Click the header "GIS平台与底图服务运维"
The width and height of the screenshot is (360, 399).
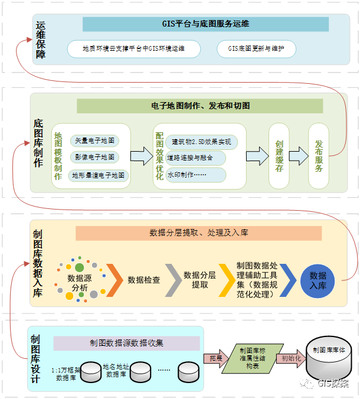pyautogui.click(x=205, y=24)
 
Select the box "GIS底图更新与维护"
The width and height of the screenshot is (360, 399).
pyautogui.click(x=256, y=49)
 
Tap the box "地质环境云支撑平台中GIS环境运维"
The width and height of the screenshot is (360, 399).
pyautogui.click(x=134, y=49)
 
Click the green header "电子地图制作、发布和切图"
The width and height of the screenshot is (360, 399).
pyautogui.click(x=200, y=106)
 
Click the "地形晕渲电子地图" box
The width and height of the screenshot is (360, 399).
pyautogui.click(x=99, y=175)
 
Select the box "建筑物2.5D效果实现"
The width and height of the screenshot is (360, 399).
pyautogui.click(x=201, y=142)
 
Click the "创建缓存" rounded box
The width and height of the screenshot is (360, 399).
pyautogui.click(x=279, y=156)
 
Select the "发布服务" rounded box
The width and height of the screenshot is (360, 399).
pyautogui.click(x=319, y=156)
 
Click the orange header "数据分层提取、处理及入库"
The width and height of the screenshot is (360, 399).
pyautogui.click(x=199, y=233)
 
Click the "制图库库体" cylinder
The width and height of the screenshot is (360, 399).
pyautogui.click(x=328, y=358)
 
